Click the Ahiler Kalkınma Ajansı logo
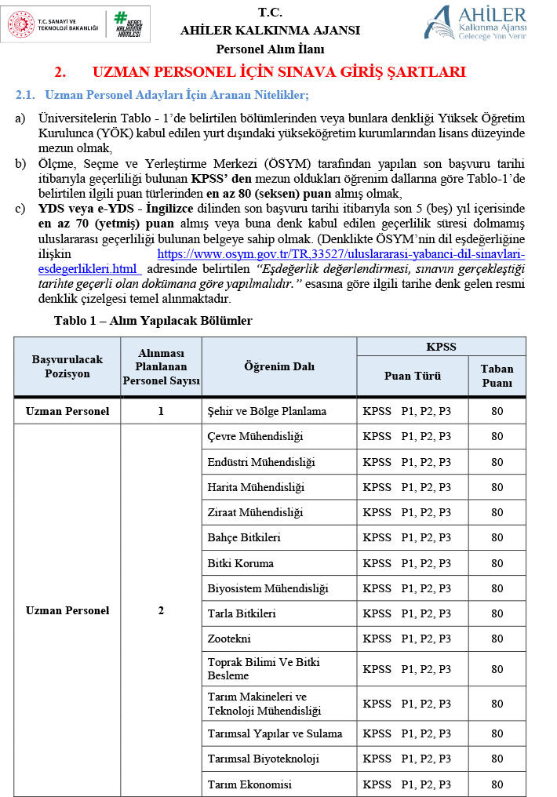tap(475, 22)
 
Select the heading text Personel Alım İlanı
tap(270, 49)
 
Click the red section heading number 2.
tap(60, 72)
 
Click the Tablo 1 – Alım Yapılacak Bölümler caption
tap(153, 321)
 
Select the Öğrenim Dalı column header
tap(278, 367)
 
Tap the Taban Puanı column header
tap(497, 376)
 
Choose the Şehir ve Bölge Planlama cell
tap(266, 411)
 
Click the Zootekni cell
tap(229, 639)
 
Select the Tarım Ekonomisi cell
tap(249, 784)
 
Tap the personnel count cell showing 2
tap(161, 610)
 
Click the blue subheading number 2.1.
tap(26, 96)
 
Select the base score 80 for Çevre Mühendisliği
tap(497, 436)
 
